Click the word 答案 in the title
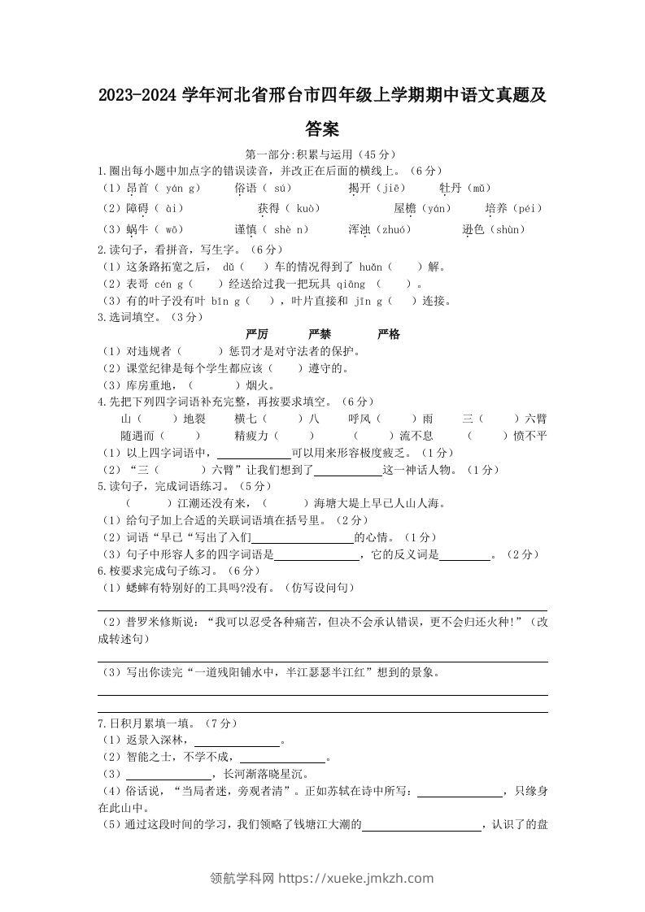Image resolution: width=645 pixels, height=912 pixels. pos(322,129)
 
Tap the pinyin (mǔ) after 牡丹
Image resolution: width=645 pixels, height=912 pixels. pos(477,188)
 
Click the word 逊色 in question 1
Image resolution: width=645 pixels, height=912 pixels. pos(474,229)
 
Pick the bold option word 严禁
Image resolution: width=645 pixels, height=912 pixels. pos(320,335)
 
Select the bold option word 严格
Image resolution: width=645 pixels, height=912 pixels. pos(389,335)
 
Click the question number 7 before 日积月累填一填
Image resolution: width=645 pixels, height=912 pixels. pos(100,723)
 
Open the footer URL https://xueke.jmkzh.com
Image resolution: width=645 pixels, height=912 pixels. pos(356,878)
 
